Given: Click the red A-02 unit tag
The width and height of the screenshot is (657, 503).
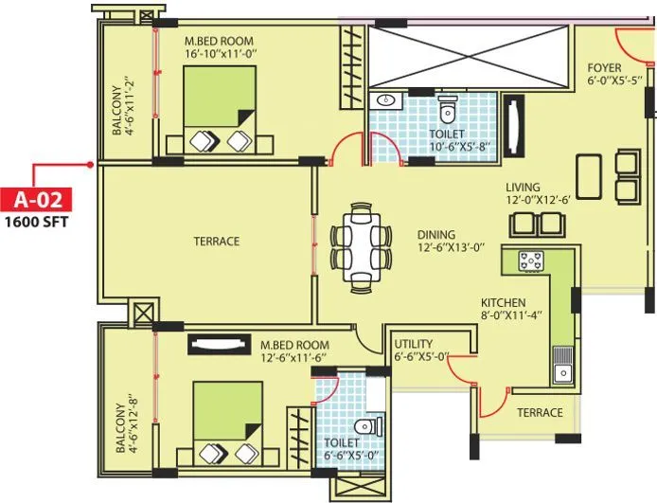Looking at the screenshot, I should coord(37,200).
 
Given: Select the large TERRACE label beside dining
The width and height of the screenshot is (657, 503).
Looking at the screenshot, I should coord(217,242).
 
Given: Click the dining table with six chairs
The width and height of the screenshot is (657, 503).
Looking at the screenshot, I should coord(361,245).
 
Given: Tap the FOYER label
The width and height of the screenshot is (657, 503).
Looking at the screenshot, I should coord(604,68).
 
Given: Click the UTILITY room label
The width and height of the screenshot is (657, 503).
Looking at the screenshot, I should coord(413,342).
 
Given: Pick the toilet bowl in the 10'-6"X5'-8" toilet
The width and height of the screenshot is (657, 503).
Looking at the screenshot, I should coord(448,111).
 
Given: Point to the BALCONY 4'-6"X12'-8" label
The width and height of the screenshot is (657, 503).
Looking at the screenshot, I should coord(127,424).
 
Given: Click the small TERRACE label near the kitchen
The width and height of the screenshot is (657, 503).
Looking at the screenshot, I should coord(540,412).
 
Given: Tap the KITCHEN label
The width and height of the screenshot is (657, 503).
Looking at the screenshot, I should coord(504,302).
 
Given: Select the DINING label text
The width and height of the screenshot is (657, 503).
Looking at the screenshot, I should coord(436,234).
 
